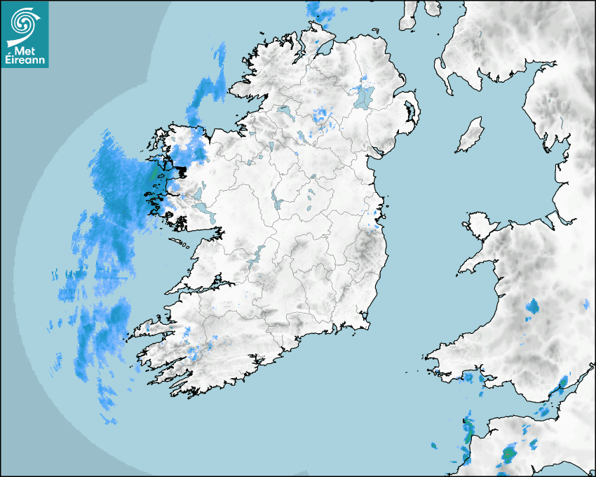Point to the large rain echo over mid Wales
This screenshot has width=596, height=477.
pos(532,307)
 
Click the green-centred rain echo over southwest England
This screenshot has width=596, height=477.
pos(508,455)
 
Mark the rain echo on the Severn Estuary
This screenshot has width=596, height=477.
pos(560,385)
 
